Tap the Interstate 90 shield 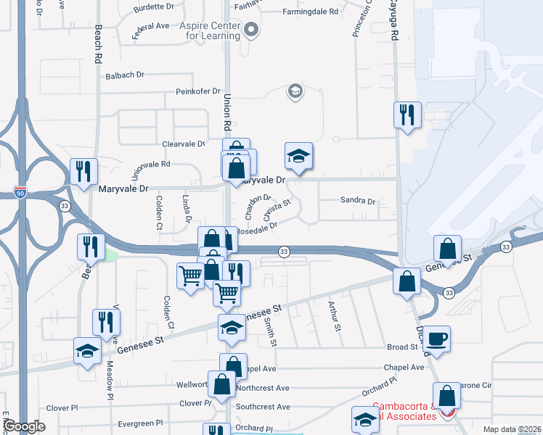pyautogui.click(x=20, y=192)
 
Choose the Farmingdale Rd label pyautogui.click(x=313, y=12)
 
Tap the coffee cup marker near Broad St pyautogui.click(x=437, y=339)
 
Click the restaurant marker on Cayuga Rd pyautogui.click(x=407, y=115)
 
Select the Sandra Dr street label pyautogui.click(x=357, y=202)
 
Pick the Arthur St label pyautogui.click(x=335, y=317)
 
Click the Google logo pyautogui.click(x=25, y=426)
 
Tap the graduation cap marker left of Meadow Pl pyautogui.click(x=87, y=351)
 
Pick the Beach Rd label pyautogui.click(x=99, y=45)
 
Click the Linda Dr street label pyautogui.click(x=187, y=208)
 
